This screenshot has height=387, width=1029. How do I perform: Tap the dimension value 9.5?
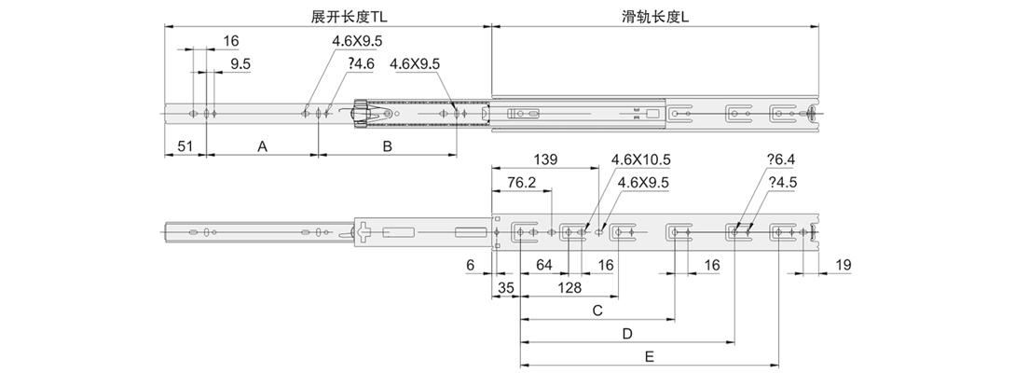(x=240, y=63)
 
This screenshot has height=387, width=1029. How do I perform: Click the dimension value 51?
(x=185, y=146)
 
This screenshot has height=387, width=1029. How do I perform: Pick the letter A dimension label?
(x=262, y=146)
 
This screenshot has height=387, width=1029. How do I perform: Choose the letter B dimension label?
(x=387, y=146)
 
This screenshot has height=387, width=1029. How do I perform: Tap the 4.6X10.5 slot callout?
(x=641, y=160)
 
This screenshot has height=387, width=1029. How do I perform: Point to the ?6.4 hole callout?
(x=779, y=160)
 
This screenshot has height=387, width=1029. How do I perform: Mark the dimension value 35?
(x=506, y=288)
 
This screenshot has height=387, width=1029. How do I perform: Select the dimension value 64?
(x=544, y=266)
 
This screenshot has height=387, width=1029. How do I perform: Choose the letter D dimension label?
(x=627, y=333)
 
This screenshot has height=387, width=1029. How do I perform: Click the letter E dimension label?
(x=649, y=355)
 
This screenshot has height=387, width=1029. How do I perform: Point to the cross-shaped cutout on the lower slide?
(x=365, y=231)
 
